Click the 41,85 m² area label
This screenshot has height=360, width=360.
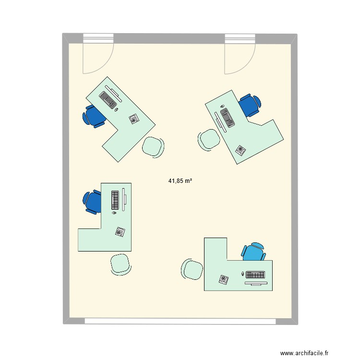coord(180,181)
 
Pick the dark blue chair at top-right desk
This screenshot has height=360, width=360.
coord(250,105)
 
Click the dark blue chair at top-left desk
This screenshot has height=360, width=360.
coord(94,116)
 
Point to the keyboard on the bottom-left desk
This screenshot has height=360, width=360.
coord(115,199)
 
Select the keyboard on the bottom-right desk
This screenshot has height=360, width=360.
coord(255,275)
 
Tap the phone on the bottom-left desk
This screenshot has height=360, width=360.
coord(120,231)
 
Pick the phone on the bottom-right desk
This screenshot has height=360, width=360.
coord(224,279)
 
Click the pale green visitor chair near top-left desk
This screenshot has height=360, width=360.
coord(153,146)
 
